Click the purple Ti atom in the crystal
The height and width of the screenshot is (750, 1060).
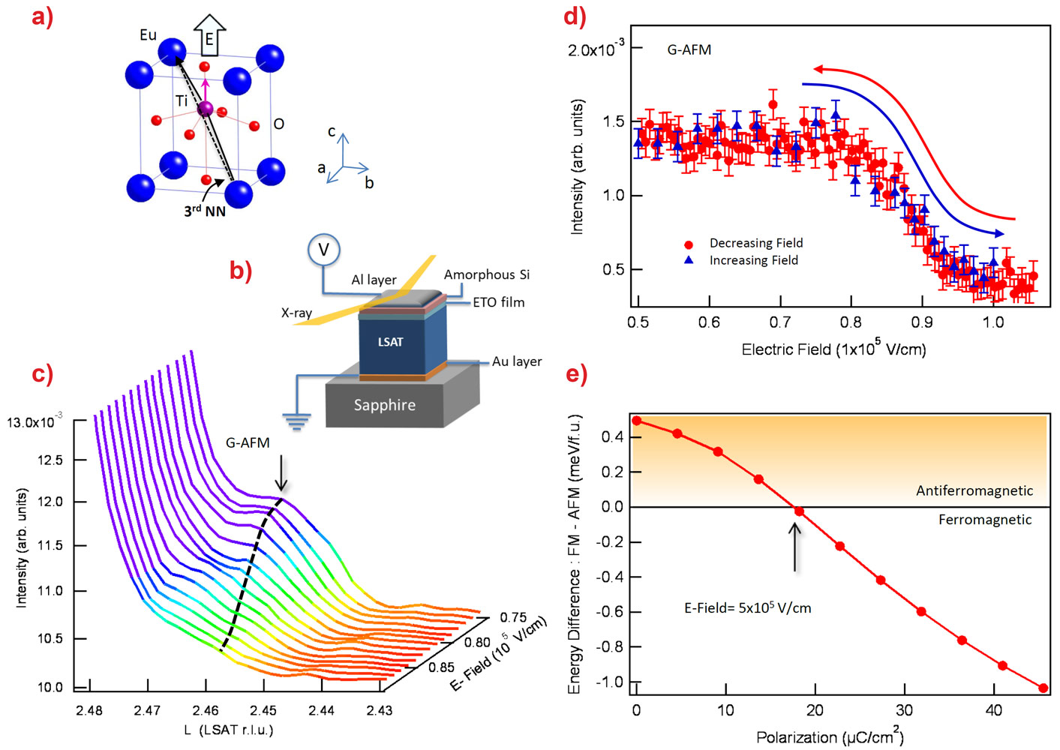[x=206, y=109]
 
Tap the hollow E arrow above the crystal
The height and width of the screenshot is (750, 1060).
[x=209, y=35]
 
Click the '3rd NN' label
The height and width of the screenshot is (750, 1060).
[x=205, y=211]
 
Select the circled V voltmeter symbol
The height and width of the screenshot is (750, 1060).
[x=324, y=250]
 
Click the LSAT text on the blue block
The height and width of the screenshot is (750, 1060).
[x=390, y=342]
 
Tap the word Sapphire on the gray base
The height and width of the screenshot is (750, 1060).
[x=384, y=405]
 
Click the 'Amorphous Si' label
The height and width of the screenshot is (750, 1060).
[x=486, y=274]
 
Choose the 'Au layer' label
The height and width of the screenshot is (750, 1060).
[x=516, y=361]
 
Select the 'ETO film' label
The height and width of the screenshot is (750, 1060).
[x=498, y=302]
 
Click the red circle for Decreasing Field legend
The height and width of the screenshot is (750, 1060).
[x=689, y=244]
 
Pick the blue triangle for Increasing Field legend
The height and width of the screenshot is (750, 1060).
[x=689, y=260]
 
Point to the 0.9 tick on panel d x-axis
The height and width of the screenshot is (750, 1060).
[x=922, y=322]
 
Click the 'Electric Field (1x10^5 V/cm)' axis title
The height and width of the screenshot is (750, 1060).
[x=833, y=349]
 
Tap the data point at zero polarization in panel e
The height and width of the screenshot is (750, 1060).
[x=637, y=421]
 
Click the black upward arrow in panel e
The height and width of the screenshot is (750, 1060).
[x=794, y=546]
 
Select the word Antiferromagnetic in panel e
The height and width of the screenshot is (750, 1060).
[x=974, y=490]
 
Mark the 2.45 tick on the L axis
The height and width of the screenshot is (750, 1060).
[x=263, y=710]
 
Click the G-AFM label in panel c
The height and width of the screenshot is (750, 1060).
[x=248, y=443]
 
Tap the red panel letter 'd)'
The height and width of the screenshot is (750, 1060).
[x=575, y=16]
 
